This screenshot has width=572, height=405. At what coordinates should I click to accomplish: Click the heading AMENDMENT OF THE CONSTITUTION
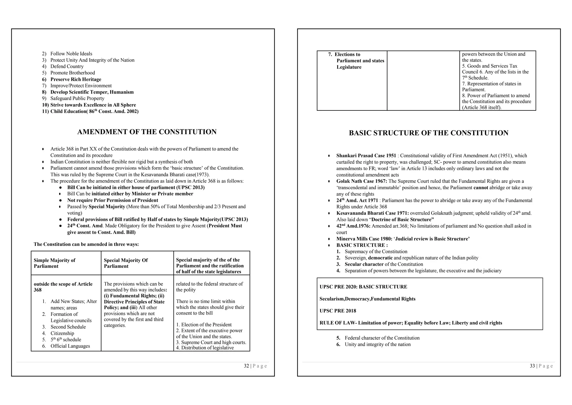(x=147, y=132)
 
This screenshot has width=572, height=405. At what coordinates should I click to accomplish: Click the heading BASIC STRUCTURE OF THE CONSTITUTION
(x=428, y=133)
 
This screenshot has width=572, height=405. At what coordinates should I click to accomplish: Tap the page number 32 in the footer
(x=246, y=366)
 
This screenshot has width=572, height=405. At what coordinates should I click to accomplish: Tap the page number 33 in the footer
(x=532, y=366)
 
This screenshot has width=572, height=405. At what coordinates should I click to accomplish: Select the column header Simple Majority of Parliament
(x=54, y=263)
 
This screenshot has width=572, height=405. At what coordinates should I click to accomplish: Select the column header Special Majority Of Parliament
(x=126, y=263)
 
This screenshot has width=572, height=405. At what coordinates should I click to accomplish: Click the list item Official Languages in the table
(x=70, y=346)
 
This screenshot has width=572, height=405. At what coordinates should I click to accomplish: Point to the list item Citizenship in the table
(x=62, y=333)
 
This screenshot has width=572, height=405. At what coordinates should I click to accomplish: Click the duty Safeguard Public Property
(x=77, y=98)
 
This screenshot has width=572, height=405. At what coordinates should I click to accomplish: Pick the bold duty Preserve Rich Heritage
(x=76, y=79)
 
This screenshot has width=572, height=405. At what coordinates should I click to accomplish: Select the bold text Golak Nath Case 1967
(x=361, y=181)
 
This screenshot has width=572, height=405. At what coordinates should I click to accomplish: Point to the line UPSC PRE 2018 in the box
(x=338, y=311)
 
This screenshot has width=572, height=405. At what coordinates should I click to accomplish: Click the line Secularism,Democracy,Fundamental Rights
(x=367, y=299)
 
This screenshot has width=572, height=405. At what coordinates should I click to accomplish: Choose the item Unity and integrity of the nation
(x=378, y=344)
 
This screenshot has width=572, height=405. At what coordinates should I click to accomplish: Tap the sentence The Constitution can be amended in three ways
(x=86, y=244)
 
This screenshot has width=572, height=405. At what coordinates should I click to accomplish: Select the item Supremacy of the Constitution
(x=376, y=252)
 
